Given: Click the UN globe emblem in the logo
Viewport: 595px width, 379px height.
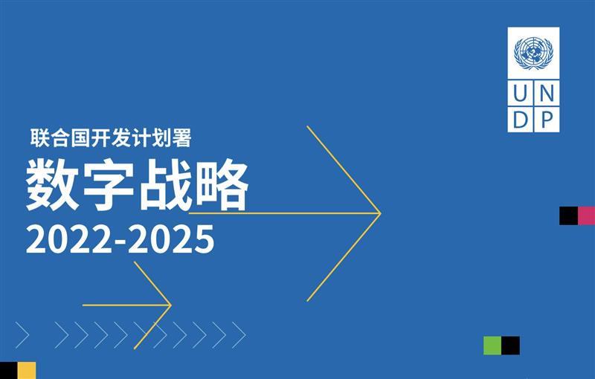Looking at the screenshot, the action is click(x=533, y=53).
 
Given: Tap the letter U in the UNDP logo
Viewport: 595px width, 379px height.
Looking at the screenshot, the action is click(x=520, y=93).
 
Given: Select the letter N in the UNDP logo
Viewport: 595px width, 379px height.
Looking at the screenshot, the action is click(x=547, y=93).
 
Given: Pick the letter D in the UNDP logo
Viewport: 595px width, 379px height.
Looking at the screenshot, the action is click(x=521, y=120).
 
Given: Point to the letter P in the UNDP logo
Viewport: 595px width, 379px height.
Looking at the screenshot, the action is click(x=546, y=120).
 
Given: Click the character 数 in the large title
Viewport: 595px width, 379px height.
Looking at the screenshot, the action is click(x=52, y=184).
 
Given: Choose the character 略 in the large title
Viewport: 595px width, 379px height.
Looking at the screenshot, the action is click(x=221, y=184).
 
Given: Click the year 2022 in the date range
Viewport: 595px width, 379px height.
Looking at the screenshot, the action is click(x=68, y=239).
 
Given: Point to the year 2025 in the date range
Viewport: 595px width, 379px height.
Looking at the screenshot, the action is click(x=171, y=239).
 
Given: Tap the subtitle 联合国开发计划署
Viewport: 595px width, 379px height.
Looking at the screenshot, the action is click(x=110, y=137).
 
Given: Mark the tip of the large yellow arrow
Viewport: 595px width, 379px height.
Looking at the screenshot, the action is click(x=381, y=213).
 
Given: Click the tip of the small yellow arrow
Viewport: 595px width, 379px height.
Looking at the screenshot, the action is click(x=171, y=305).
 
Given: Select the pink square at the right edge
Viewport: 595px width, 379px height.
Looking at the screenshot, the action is click(x=586, y=216).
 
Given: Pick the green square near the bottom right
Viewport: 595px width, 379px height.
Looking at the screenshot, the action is click(x=492, y=346).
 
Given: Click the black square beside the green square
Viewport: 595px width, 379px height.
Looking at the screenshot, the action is click(x=511, y=346).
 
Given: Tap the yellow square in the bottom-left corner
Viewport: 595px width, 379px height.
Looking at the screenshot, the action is click(x=27, y=370).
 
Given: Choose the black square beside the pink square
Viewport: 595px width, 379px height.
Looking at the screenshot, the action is click(x=568, y=216).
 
